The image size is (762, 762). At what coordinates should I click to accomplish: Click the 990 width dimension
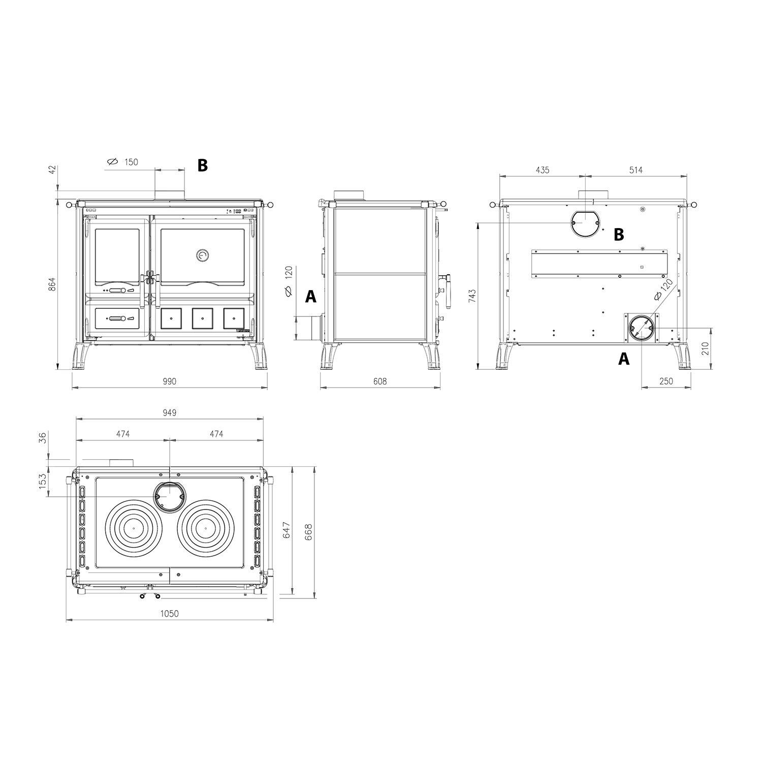(169, 382)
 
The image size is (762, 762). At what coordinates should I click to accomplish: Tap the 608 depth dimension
(380, 382)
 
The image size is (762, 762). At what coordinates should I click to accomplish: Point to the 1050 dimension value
(170, 614)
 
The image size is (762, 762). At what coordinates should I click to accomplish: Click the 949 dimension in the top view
(170, 412)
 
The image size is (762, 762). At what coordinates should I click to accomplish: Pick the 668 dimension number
(308, 532)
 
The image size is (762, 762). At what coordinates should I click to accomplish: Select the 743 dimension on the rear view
(473, 296)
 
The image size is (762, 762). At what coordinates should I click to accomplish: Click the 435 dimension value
(543, 170)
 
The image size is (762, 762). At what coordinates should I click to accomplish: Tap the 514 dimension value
(636, 170)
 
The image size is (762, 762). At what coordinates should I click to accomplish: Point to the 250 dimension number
(666, 382)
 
